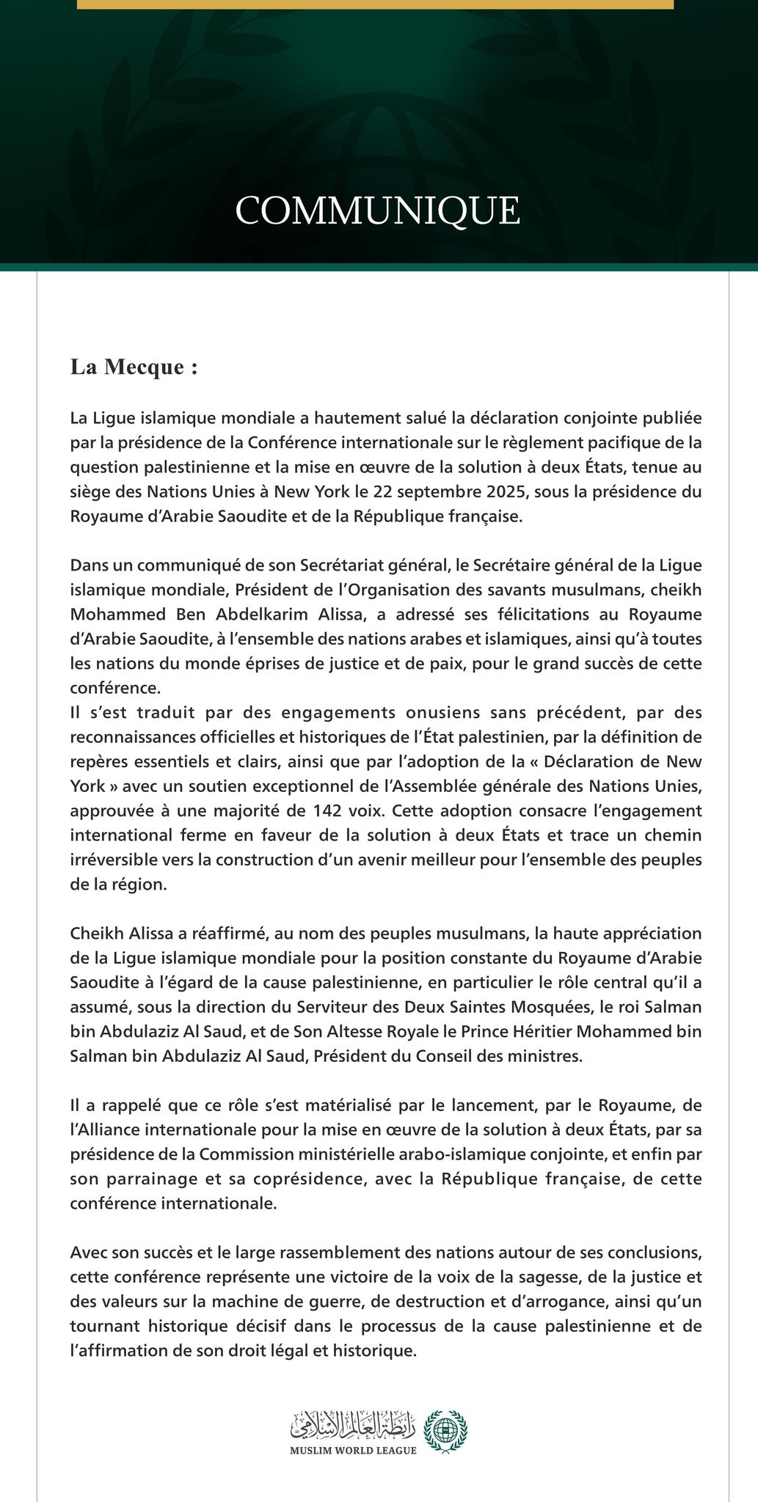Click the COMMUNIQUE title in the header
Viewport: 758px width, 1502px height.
(378, 210)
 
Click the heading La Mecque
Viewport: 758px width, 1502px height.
(134, 367)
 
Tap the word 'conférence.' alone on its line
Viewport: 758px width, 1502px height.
(114, 689)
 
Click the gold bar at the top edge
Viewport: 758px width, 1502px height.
(374, 4)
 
